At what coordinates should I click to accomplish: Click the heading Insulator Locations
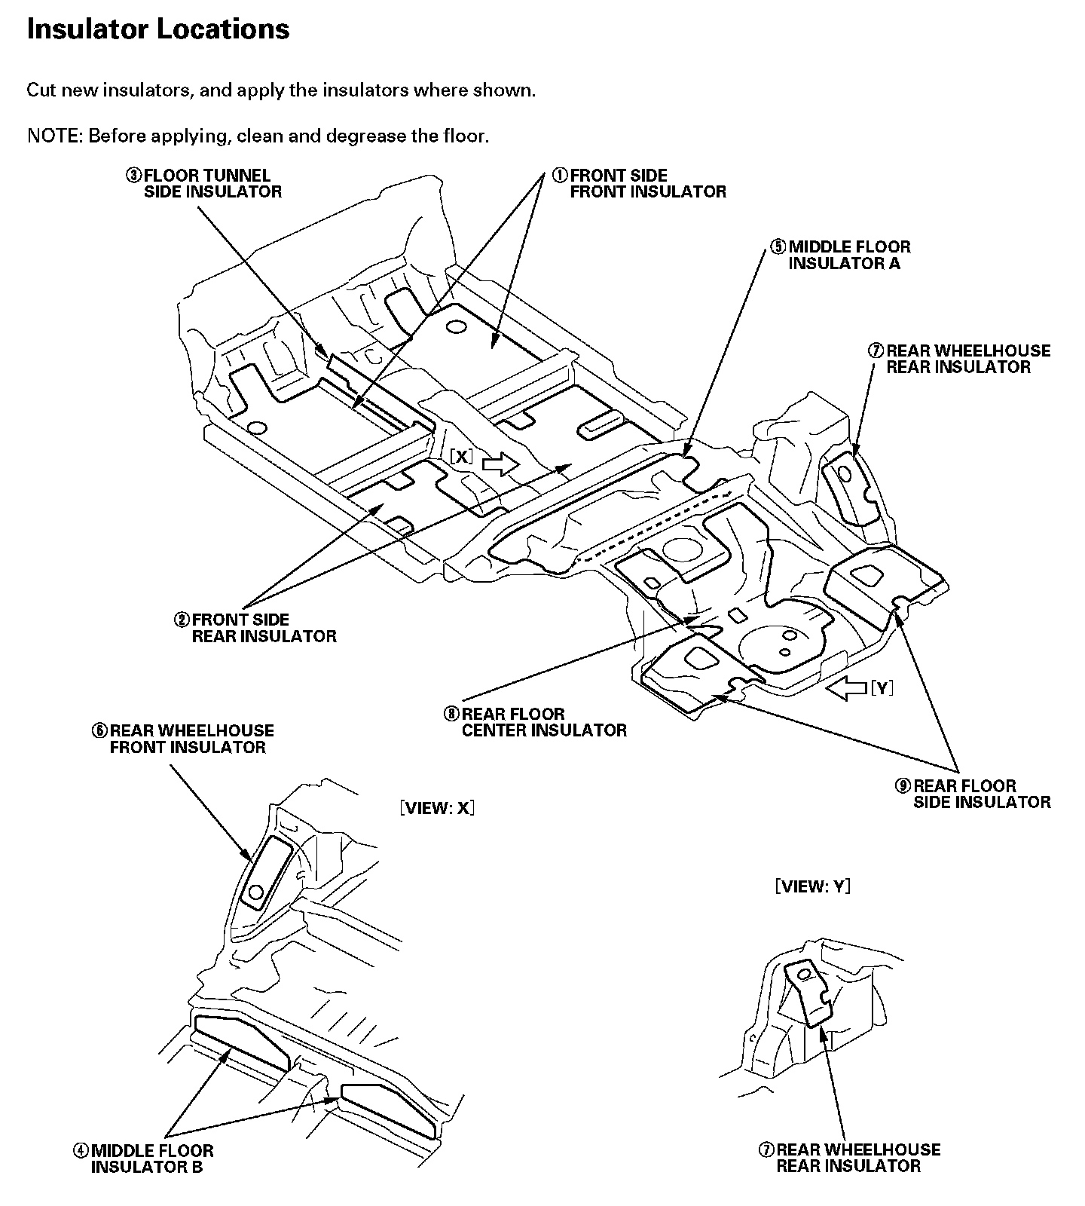tap(158, 29)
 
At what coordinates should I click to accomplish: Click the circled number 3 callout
tap(133, 176)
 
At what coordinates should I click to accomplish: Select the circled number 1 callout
tap(560, 176)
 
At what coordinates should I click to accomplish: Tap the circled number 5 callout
tap(778, 247)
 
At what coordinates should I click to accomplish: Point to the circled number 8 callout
tap(451, 714)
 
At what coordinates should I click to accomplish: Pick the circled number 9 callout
tap(903, 785)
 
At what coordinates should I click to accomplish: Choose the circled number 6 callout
tap(99, 730)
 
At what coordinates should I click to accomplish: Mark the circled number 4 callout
tap(81, 1151)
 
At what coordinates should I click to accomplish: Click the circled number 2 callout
tap(182, 620)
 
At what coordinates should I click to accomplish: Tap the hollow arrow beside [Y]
tap(846, 687)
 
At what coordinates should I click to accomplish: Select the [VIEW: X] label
tap(437, 808)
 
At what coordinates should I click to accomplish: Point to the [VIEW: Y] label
tap(813, 886)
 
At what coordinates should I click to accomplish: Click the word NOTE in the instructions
tap(54, 136)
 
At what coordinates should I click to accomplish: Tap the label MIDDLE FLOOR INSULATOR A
tap(849, 256)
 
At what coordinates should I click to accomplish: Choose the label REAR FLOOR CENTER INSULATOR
tap(544, 722)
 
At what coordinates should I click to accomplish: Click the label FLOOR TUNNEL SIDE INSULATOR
tap(213, 184)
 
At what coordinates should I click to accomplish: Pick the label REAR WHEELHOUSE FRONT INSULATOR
tap(191, 739)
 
